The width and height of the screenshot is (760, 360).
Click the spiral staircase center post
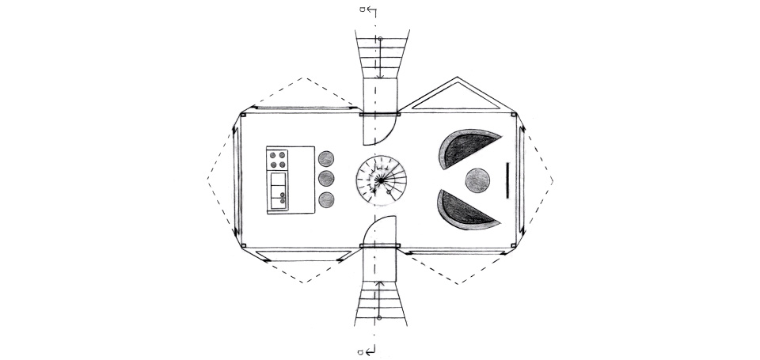[x=380, y=181]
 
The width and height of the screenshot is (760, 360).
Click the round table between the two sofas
[x=477, y=181]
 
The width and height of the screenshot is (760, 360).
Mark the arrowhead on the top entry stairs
[x=380, y=77]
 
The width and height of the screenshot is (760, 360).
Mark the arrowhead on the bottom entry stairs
[x=380, y=282]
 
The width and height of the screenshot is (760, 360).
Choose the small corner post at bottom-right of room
[x=516, y=245]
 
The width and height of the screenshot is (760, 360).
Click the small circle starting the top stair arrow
[x=380, y=39]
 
